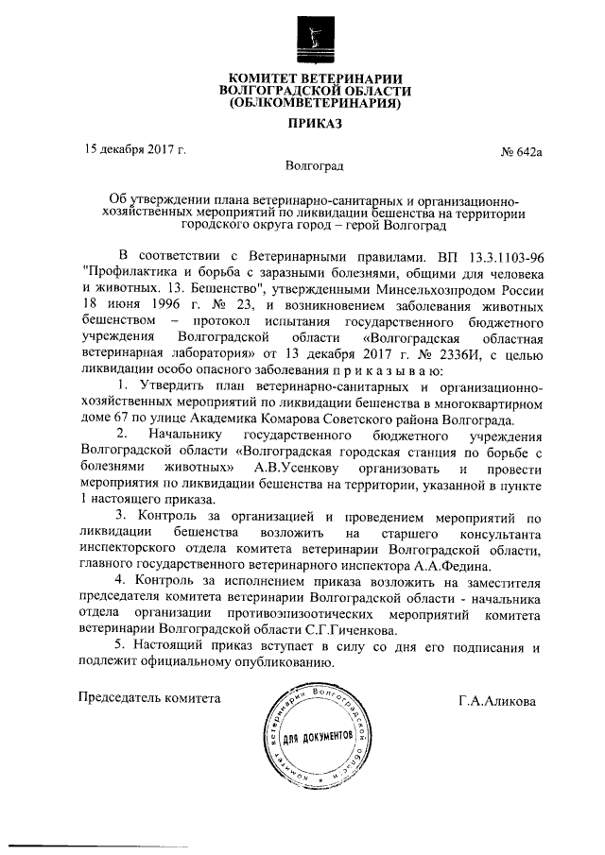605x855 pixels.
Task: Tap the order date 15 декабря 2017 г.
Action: point(132,149)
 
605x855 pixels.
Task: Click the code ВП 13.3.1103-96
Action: point(493,256)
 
